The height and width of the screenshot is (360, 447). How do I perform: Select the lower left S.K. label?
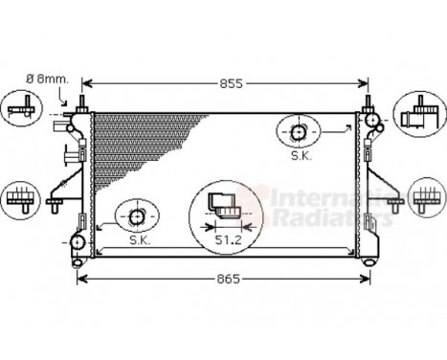click(139, 239)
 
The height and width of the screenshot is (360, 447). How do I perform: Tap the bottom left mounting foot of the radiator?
click(78, 261)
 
